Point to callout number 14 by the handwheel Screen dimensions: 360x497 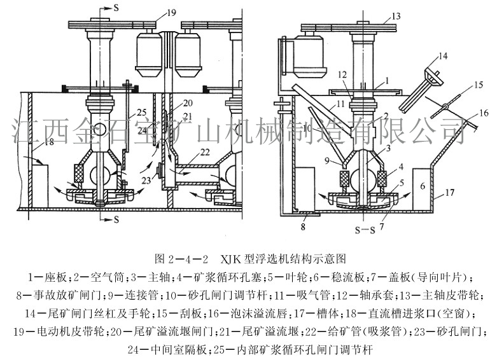(441, 57)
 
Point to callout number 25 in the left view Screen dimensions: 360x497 (141, 113)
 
